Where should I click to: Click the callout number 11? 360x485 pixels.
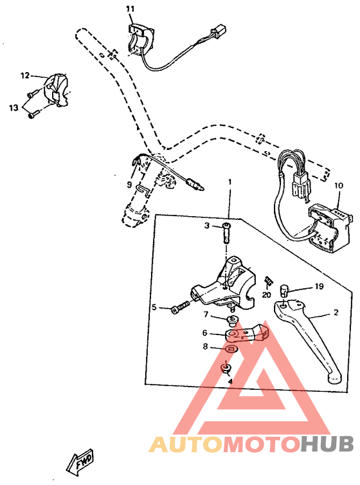[130, 8]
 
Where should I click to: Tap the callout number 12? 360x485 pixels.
[25, 75]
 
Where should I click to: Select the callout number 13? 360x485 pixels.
[14, 107]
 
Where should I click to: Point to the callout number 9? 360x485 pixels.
[129, 184]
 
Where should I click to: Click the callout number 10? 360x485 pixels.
[339, 185]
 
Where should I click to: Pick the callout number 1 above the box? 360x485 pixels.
[229, 182]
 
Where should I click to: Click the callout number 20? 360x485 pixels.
[266, 295]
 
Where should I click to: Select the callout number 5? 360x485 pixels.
[154, 307]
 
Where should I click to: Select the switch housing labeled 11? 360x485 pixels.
[139, 39]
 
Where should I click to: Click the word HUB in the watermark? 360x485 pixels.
[326, 444]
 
